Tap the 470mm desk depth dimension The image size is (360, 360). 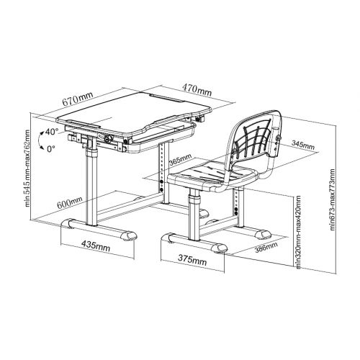pyautogui.click(x=197, y=90)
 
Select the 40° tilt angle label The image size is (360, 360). pyautogui.click(x=52, y=132)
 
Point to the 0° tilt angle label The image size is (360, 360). pyautogui.click(x=51, y=149)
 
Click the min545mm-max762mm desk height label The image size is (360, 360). pyautogui.click(x=27, y=168)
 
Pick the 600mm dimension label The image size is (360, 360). pyautogui.click(x=70, y=202)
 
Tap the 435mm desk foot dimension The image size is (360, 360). pyautogui.click(x=96, y=246)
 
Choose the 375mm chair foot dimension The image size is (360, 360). pyautogui.click(x=192, y=260)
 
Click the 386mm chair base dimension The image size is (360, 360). pyautogui.click(x=266, y=247)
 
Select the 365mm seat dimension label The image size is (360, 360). pyautogui.click(x=180, y=160)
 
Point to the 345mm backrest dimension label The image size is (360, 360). pyautogui.click(x=303, y=145)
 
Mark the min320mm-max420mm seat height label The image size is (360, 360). pyautogui.click(x=298, y=232)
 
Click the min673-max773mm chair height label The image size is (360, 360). pyautogui.click(x=333, y=199)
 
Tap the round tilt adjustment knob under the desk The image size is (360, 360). pyautogui.click(x=109, y=139)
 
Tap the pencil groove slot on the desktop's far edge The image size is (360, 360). pyautogui.click(x=166, y=98)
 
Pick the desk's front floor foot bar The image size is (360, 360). pyautogui.click(x=99, y=229)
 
